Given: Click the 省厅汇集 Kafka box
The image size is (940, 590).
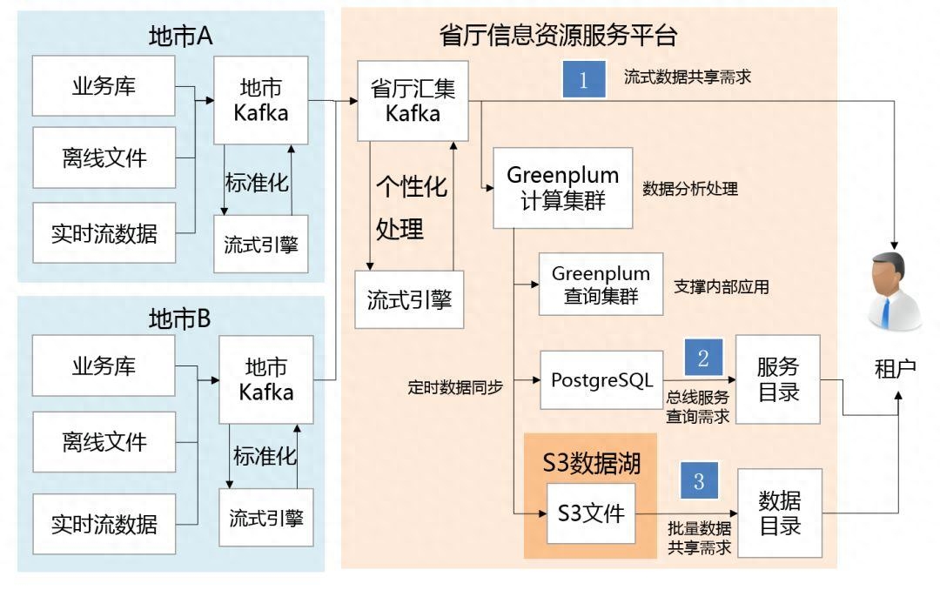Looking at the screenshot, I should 413,101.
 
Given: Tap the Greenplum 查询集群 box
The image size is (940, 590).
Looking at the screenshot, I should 601,285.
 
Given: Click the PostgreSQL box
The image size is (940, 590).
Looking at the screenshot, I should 602,380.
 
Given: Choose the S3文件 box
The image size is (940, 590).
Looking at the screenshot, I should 591,513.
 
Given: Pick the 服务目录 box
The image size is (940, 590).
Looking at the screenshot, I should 778,379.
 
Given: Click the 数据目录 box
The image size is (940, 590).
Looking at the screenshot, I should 778,513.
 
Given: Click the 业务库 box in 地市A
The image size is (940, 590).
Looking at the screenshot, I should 104,87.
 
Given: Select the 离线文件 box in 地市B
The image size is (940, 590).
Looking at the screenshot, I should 104,442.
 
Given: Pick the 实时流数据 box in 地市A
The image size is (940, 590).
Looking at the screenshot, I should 104,233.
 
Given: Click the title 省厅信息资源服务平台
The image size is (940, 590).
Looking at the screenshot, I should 559,36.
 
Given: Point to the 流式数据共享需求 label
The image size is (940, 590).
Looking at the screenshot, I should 687,77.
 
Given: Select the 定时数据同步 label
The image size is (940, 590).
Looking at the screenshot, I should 455,386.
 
